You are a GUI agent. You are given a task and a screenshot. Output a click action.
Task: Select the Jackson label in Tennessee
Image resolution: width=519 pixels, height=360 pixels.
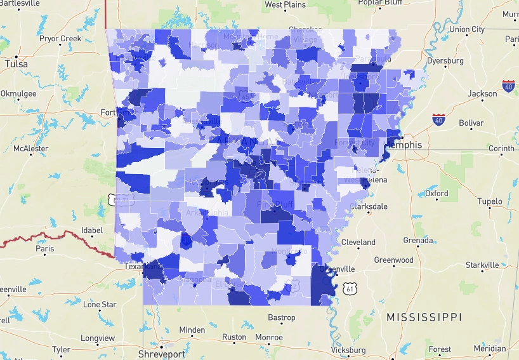click(x=482, y=94)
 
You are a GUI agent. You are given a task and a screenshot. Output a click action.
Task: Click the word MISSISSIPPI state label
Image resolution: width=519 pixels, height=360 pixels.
click(x=424, y=316)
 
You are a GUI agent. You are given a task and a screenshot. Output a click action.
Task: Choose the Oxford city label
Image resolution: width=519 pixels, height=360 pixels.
click(x=437, y=193)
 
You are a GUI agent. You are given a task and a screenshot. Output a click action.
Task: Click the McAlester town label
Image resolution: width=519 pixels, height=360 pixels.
click(x=30, y=149)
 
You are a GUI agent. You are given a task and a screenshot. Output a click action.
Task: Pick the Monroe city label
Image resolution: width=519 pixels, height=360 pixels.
click(x=269, y=337)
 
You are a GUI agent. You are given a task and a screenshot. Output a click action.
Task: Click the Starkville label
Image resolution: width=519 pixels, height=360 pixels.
click(x=482, y=265)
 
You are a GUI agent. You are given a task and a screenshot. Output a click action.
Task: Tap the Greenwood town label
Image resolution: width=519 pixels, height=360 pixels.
click(x=393, y=260)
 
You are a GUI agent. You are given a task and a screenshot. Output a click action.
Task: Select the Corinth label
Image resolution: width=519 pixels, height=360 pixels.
click(x=501, y=149)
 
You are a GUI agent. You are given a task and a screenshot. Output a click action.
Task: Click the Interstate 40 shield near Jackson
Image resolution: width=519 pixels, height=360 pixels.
click(x=508, y=85)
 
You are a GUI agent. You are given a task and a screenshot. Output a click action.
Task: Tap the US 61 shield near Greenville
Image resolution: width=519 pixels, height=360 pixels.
click(x=350, y=289)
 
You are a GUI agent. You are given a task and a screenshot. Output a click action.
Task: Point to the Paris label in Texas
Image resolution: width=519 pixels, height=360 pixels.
click(x=45, y=249)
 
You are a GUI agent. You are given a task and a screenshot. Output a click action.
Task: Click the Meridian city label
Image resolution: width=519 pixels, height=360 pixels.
click(x=490, y=349)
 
